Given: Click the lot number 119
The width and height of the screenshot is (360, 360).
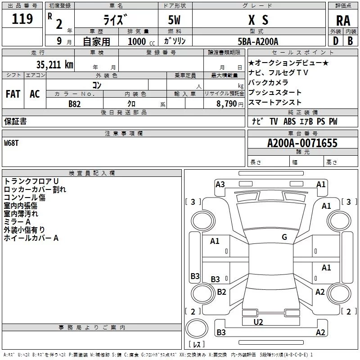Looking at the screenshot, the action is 22,19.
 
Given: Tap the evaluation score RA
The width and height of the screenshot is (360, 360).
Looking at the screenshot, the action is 343,21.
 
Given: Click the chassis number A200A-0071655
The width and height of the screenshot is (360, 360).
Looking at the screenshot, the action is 302,144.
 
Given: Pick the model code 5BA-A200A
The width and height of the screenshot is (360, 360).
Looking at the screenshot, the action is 258,41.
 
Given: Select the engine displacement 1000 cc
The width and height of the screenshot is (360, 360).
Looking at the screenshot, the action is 137,41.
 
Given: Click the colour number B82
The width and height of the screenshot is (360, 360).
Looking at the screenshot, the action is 75,103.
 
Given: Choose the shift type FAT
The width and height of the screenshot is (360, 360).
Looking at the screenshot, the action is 13,94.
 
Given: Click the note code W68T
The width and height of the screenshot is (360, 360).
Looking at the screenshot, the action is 12,143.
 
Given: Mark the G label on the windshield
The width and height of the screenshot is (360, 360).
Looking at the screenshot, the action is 284,237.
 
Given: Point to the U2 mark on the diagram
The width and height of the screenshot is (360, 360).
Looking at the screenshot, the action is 258,322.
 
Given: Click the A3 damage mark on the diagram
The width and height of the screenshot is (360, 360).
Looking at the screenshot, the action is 220,184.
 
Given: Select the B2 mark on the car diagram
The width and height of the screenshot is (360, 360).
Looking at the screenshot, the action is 221,292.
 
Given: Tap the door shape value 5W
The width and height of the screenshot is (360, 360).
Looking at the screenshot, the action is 175,20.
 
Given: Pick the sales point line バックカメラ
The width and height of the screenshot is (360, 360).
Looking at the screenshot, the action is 268,83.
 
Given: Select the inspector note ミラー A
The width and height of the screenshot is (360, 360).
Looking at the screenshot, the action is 17,222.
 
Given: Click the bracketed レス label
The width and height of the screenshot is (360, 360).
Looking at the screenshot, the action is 197,345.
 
